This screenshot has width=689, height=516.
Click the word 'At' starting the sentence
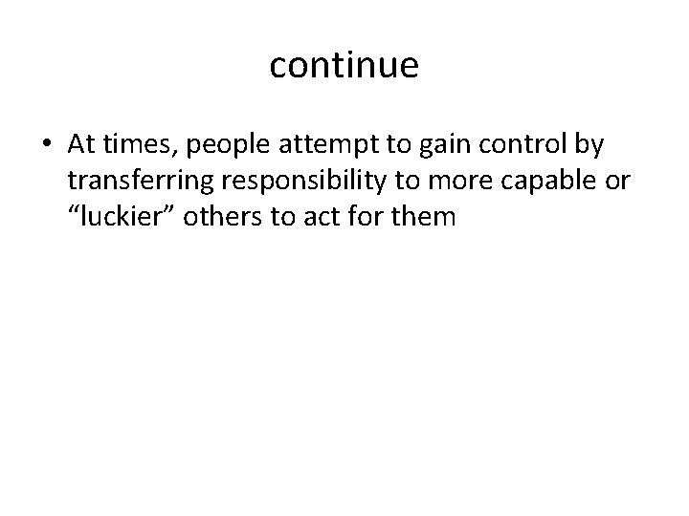(82, 143)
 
